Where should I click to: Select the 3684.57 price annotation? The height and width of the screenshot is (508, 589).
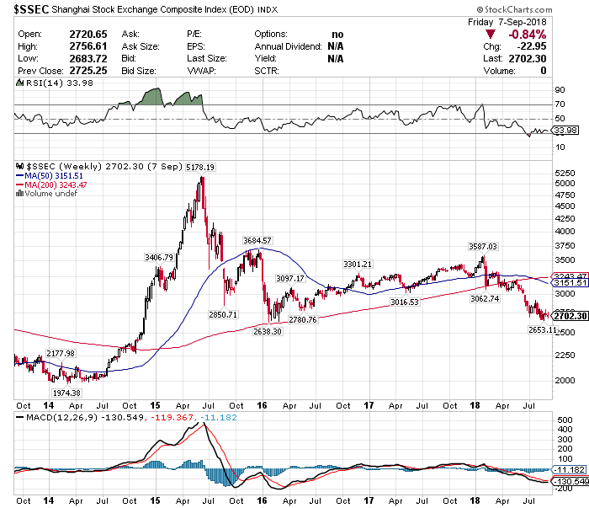coord(257,241)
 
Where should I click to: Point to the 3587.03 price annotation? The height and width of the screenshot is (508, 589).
coord(484,246)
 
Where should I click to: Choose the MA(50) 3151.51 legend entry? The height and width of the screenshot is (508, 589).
coord(50,176)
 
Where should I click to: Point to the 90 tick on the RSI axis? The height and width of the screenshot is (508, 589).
coord(559,88)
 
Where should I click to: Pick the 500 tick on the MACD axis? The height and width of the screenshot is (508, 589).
coord(561,419)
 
